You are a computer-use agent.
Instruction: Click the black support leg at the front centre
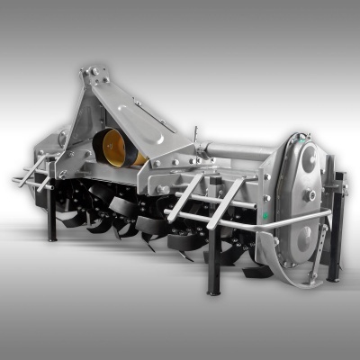(x=214, y=265)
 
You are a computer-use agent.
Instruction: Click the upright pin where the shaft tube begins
(x=194, y=139)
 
